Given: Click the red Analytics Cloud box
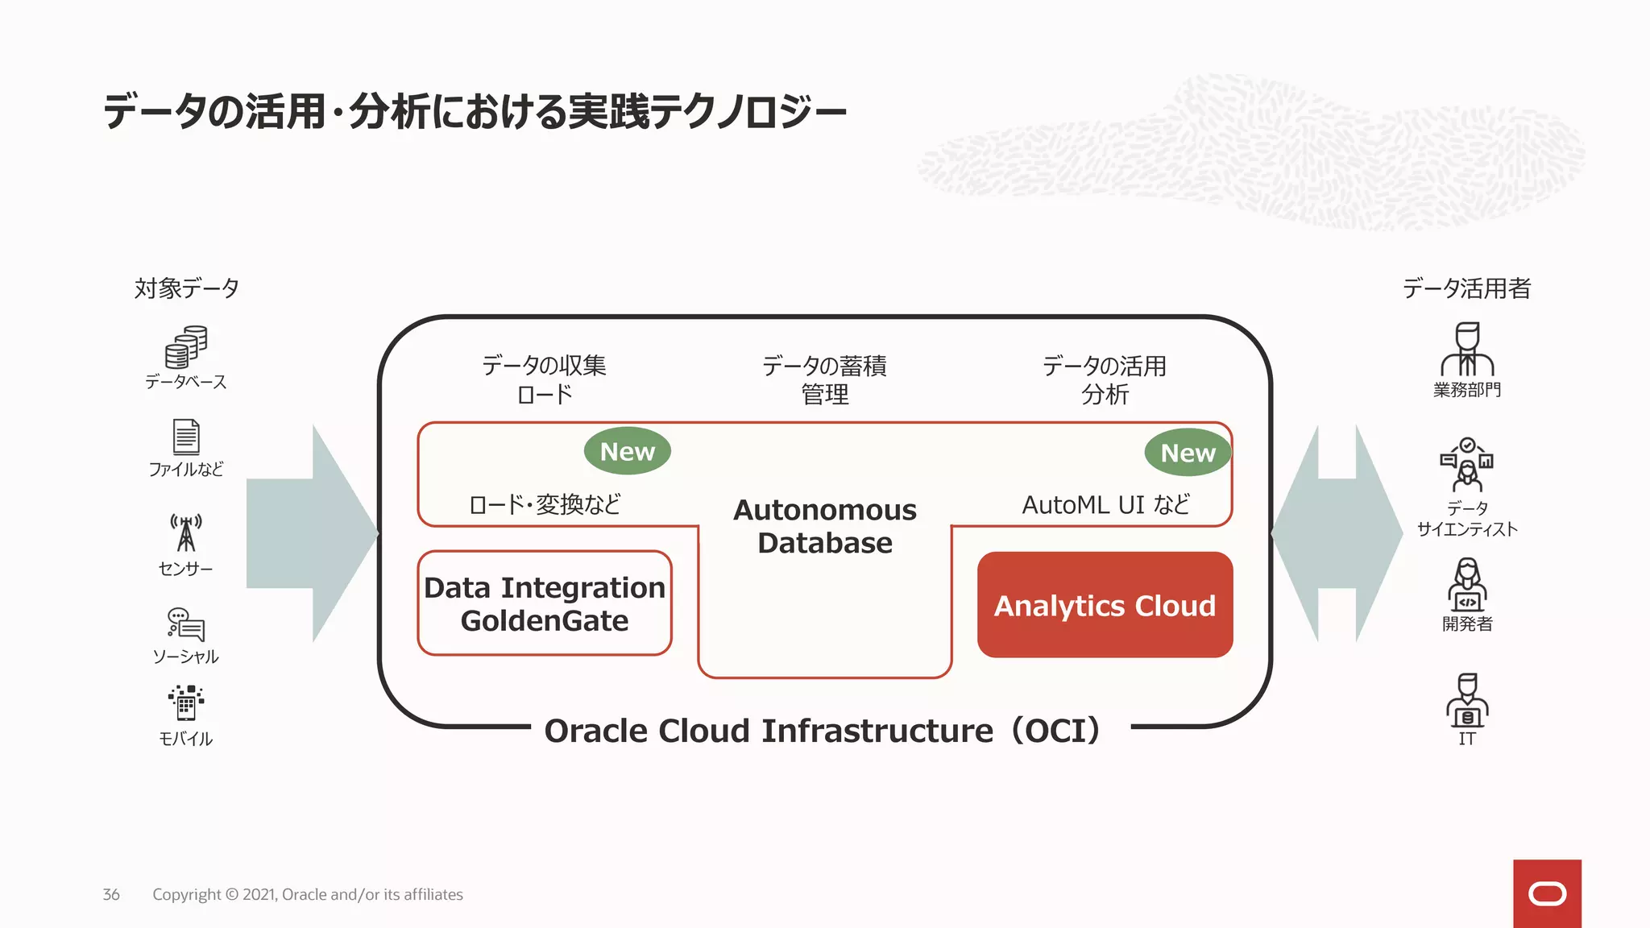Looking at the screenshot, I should pos(1105,605).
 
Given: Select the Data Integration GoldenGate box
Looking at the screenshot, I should pos(545,603).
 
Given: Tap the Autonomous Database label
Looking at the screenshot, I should pos(825,526).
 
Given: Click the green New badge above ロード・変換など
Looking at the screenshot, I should pos(627,451).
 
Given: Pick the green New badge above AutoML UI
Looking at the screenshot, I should pos(1188,453).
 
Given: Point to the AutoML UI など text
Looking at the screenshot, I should pos(1105,505).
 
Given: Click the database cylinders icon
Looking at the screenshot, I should pos(186,347).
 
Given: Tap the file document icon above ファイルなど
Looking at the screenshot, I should pos(186,437).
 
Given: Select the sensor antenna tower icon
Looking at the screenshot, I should pos(186,532).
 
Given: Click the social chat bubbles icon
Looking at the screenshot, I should pos(186,624).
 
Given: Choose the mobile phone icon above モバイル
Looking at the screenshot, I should pos(186,702).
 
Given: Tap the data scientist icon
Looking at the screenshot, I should pos(1467,465).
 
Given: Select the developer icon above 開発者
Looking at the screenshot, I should pos(1467,584).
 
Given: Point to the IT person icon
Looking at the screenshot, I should pos(1467,700).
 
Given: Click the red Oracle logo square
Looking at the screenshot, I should pos(1547,893).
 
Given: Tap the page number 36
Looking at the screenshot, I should pos(111,894).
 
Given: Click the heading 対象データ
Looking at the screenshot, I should pos(186,288).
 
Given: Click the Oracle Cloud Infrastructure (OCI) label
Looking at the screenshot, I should pos(822,731).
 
